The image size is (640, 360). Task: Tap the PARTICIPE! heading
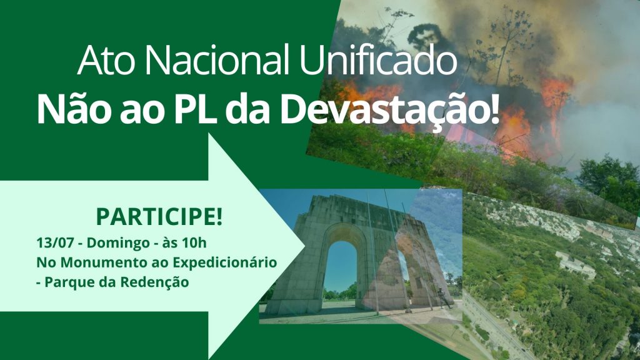tap(159, 216)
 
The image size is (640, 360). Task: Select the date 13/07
tap(55, 243)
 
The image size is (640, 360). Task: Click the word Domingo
tap(118, 243)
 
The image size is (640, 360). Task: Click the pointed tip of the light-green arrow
tap(304, 246)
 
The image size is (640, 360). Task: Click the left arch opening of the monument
tap(341, 270)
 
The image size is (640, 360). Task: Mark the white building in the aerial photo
tap(575, 265)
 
